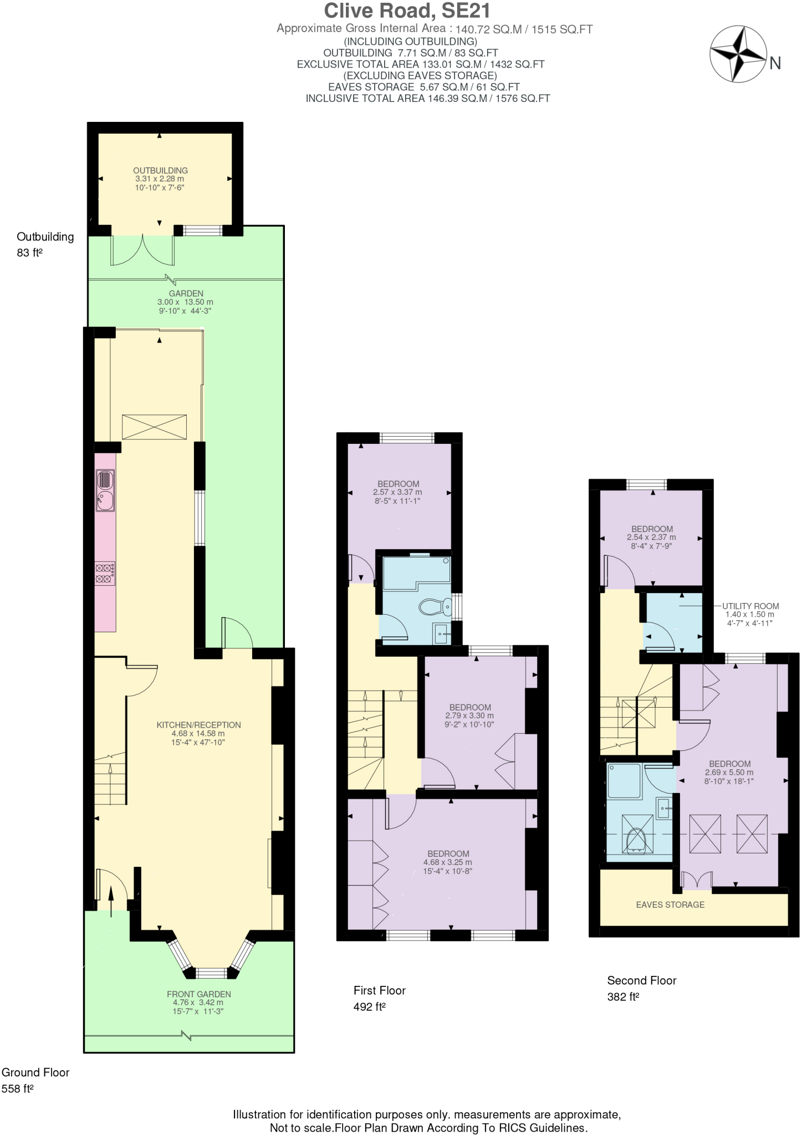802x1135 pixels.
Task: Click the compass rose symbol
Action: (738, 54)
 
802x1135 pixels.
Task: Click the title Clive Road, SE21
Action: (407, 11)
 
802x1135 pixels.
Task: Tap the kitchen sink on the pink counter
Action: (105, 490)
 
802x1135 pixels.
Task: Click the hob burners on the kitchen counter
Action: (105, 573)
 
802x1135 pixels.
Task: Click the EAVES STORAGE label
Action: (670, 904)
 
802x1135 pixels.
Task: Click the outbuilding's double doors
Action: (142, 250)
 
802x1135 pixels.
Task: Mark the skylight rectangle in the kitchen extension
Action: (154, 427)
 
